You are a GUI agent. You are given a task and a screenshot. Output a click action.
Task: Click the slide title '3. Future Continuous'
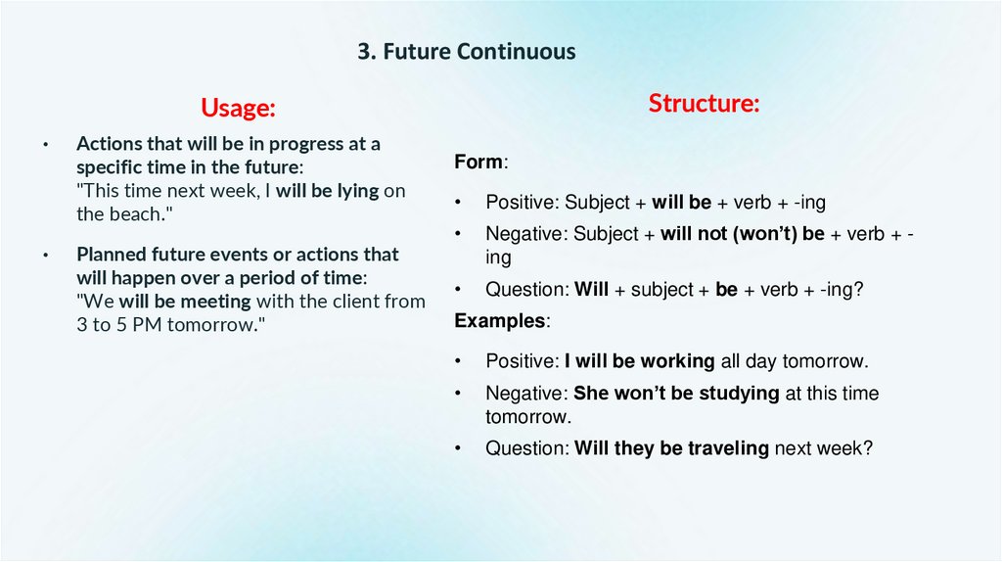tap(466, 52)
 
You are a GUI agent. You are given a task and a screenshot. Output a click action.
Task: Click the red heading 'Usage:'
tap(238, 107)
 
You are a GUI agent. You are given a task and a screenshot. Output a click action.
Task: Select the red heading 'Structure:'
tap(704, 103)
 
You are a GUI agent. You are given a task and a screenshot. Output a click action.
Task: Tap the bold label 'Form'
tap(478, 163)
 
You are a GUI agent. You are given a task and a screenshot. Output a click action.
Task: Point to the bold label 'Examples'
tap(500, 321)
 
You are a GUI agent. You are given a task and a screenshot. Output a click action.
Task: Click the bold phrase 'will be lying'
tap(327, 191)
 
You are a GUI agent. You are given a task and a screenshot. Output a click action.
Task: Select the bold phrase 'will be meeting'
tap(185, 302)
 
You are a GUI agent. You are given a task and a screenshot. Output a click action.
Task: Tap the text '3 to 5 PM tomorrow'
tap(164, 325)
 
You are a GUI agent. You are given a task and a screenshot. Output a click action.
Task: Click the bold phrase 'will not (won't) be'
tap(742, 234)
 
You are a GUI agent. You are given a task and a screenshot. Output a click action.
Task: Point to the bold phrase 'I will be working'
tap(639, 361)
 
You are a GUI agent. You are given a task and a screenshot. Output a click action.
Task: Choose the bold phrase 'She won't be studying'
tap(676, 394)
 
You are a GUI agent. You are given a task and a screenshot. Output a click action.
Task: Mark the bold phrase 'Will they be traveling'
tap(671, 448)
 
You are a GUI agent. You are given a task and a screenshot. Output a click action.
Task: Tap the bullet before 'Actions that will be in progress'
tap(45, 145)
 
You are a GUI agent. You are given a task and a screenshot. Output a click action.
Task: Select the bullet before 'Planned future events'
tap(45, 256)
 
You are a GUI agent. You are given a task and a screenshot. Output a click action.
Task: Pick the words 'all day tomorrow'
tap(795, 361)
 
